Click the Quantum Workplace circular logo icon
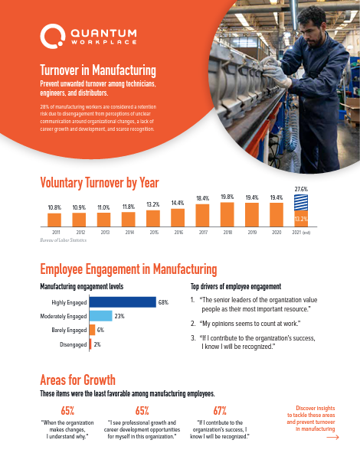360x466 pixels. click(51, 34)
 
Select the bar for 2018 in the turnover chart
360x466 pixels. click(227, 216)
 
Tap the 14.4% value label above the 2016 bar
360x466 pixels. click(178, 204)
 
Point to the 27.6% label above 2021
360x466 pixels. click(301, 188)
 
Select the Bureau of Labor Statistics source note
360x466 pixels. click(63, 240)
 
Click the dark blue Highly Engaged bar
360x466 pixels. click(123, 302)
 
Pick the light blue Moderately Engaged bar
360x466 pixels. click(101, 316)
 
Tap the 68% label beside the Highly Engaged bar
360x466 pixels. click(163, 302)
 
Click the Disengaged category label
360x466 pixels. click(73, 345)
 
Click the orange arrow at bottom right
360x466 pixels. click(332, 439)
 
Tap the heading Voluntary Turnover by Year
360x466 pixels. click(99, 182)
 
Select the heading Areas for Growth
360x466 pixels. click(77, 380)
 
